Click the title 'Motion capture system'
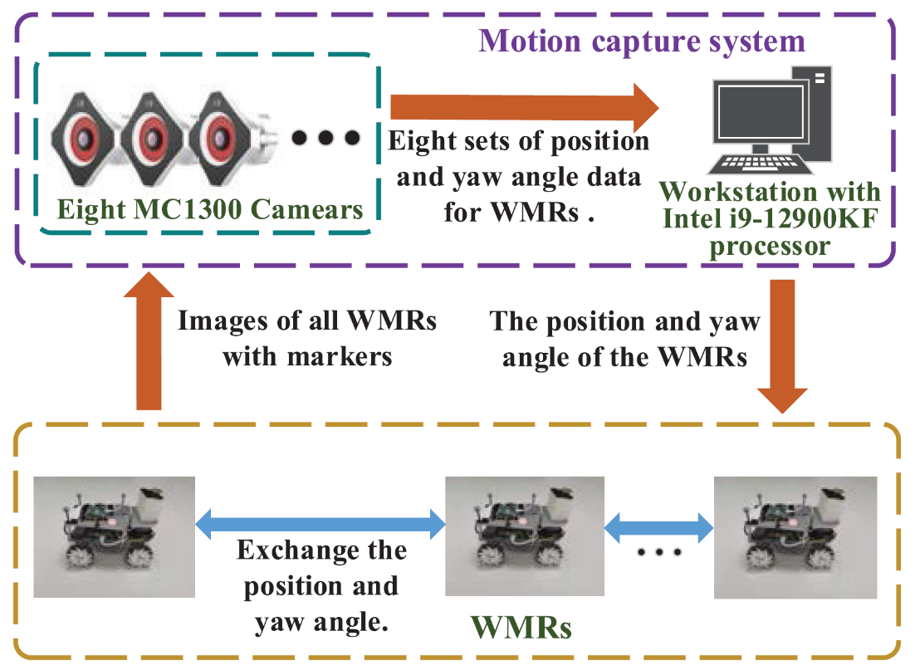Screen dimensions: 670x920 pos(642,41)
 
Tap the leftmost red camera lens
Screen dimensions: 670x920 pos(86,134)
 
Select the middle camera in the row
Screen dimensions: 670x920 pos(154,134)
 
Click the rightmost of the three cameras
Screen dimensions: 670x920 pos(222,134)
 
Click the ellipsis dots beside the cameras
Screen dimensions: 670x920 pos(326,137)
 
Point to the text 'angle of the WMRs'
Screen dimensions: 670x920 pos(625,358)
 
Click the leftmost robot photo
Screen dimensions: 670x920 pos(114,536)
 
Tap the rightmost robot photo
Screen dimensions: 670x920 pos(795,536)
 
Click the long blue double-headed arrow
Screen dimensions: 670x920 pos(321,522)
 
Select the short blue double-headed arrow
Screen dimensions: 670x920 pos(660,525)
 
